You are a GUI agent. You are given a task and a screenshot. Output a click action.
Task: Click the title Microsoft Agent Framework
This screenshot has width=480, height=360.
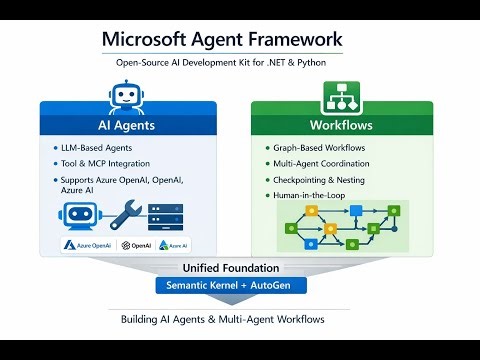point(222,41)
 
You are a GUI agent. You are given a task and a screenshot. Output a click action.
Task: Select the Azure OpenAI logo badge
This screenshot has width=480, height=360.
point(86,245)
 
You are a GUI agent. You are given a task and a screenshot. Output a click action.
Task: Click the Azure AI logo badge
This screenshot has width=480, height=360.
point(174,245)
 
